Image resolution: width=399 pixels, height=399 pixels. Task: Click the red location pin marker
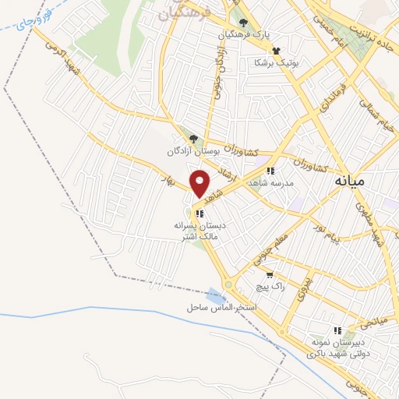point(200,183)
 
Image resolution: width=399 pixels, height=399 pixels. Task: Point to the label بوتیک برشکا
point(277,62)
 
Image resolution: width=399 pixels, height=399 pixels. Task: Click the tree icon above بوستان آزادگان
point(192,139)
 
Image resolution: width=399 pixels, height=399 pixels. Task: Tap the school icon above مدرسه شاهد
point(270,170)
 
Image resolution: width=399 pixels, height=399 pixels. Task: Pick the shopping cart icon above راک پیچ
point(269,275)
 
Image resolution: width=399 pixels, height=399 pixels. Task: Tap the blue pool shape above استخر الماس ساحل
point(215,295)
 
